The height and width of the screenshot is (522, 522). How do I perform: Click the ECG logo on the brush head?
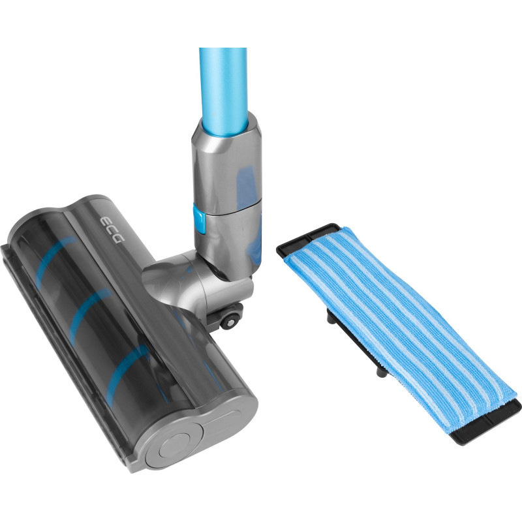pyautogui.click(x=112, y=230)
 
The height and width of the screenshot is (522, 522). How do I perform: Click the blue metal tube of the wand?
pyautogui.click(x=224, y=91)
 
